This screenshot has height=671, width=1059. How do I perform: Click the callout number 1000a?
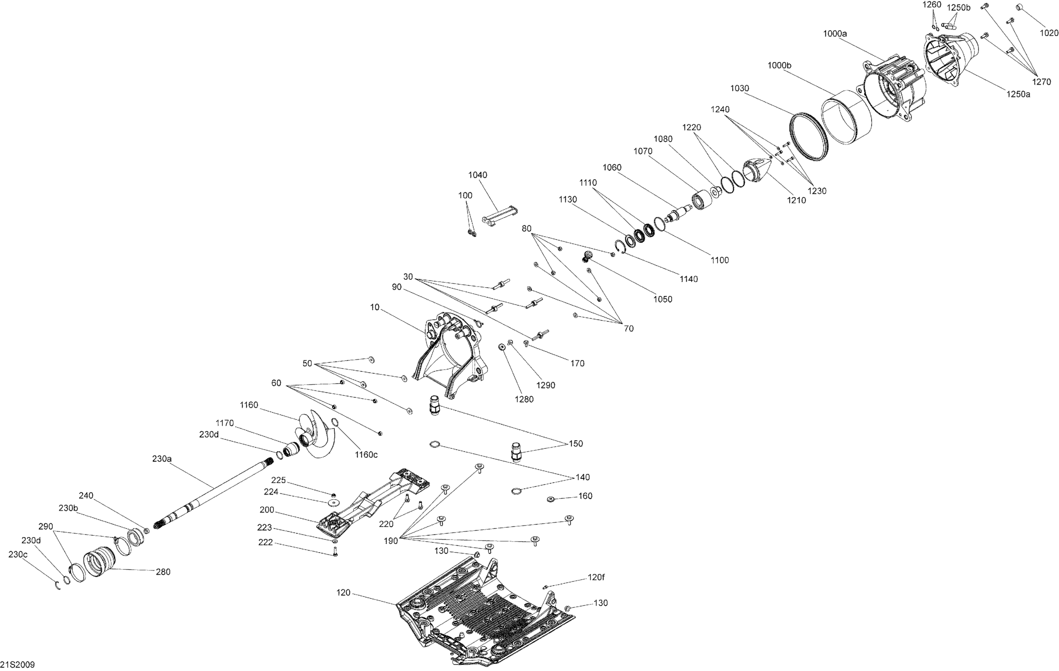coord(835,34)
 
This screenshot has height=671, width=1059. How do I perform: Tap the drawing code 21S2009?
coord(18,664)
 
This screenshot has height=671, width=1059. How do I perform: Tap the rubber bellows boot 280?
coord(100,562)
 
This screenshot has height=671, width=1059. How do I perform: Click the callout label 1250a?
coord(1018,94)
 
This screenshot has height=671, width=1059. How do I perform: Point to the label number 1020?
coord(1049,33)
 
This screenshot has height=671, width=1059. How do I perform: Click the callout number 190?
coord(391,541)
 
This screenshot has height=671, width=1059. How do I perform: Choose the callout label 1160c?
coord(366,455)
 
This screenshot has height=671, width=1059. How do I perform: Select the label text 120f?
coord(596,577)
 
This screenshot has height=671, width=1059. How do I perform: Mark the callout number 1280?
coord(523,399)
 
